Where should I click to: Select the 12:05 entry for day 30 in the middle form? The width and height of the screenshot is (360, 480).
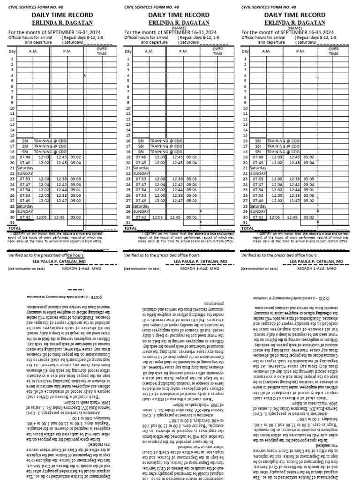pyautogui.click(x=159, y=217)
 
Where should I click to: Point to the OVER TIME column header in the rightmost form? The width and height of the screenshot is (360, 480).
pyautogui.click(x=333, y=51)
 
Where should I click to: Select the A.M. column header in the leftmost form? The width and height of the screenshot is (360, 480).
pyautogui.click(x=32, y=51)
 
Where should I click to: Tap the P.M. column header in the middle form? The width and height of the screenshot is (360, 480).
pyautogui.click(x=181, y=51)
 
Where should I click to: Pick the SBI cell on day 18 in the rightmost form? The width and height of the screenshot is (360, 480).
pyautogui.click(x=258, y=151)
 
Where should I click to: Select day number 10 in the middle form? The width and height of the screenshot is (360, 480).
pyautogui.click(x=128, y=108)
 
